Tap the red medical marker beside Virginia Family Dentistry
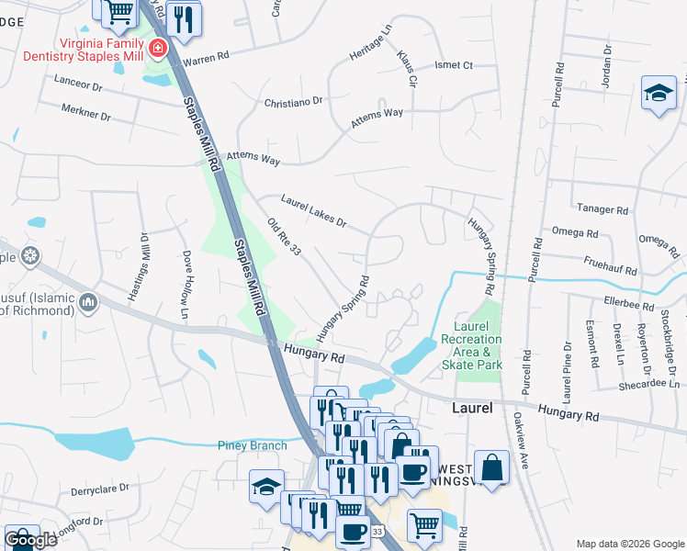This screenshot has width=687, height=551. pyautogui.click(x=158, y=48)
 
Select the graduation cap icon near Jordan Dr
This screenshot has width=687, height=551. pyautogui.click(x=659, y=94)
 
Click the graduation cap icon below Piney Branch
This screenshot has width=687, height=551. pyautogui.click(x=266, y=487)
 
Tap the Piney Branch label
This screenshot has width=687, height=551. pyautogui.click(x=253, y=445)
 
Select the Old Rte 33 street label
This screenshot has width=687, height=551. pyautogui.click(x=284, y=237)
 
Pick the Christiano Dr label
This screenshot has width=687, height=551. pyautogui.click(x=294, y=102)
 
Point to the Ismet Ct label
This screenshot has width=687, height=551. pyautogui.click(x=454, y=65)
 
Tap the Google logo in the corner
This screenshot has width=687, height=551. pyautogui.click(x=31, y=540)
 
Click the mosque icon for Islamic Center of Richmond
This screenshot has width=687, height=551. pyautogui.click(x=89, y=301)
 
